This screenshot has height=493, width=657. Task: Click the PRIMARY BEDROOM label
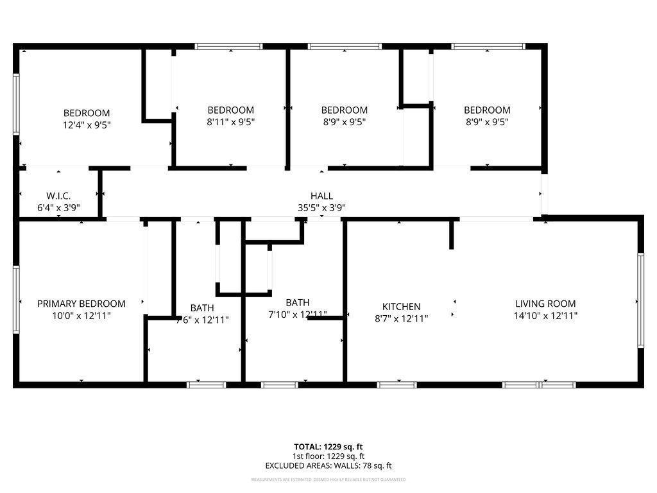[81, 304]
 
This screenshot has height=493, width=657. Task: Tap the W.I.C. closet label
[58, 195]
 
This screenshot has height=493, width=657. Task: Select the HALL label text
[321, 196]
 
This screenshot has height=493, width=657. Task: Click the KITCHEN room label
[402, 307]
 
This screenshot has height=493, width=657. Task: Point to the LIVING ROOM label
[545, 304]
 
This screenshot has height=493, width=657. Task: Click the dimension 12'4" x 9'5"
[86, 125]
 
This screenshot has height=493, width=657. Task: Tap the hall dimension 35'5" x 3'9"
[321, 207]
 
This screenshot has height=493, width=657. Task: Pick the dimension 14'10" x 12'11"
[545, 316]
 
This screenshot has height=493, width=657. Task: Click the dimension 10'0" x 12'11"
[81, 316]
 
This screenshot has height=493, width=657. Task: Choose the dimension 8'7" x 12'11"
[402, 318]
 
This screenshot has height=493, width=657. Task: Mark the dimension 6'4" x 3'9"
[58, 207]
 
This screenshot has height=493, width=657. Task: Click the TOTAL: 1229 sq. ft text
[328, 447]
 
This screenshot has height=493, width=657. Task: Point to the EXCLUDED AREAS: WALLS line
[328, 466]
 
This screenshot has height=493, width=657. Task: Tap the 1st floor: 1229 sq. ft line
[328, 456]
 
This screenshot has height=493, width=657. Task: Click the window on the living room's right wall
[640, 300]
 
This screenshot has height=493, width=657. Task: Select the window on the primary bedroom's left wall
[16, 299]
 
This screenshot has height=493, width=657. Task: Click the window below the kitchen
[397, 385]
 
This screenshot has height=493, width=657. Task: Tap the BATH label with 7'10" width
[298, 302]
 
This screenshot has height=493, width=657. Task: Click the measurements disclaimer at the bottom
[328, 480]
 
